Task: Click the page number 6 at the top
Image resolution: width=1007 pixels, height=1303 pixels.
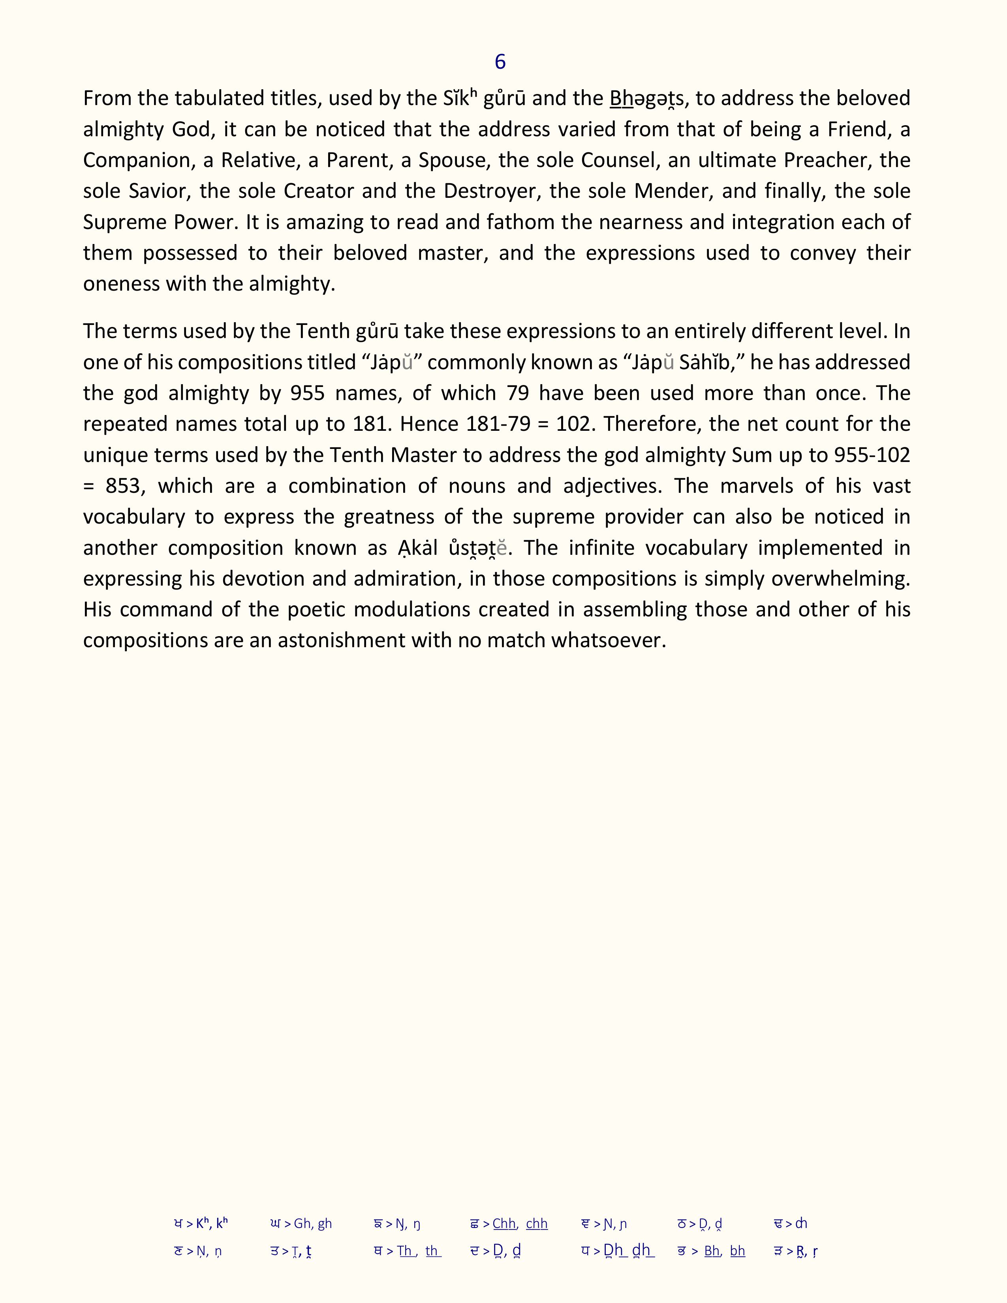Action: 500,62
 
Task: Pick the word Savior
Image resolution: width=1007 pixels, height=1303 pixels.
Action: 158,192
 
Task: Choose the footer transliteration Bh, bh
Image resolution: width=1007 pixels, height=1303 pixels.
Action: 724,1252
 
